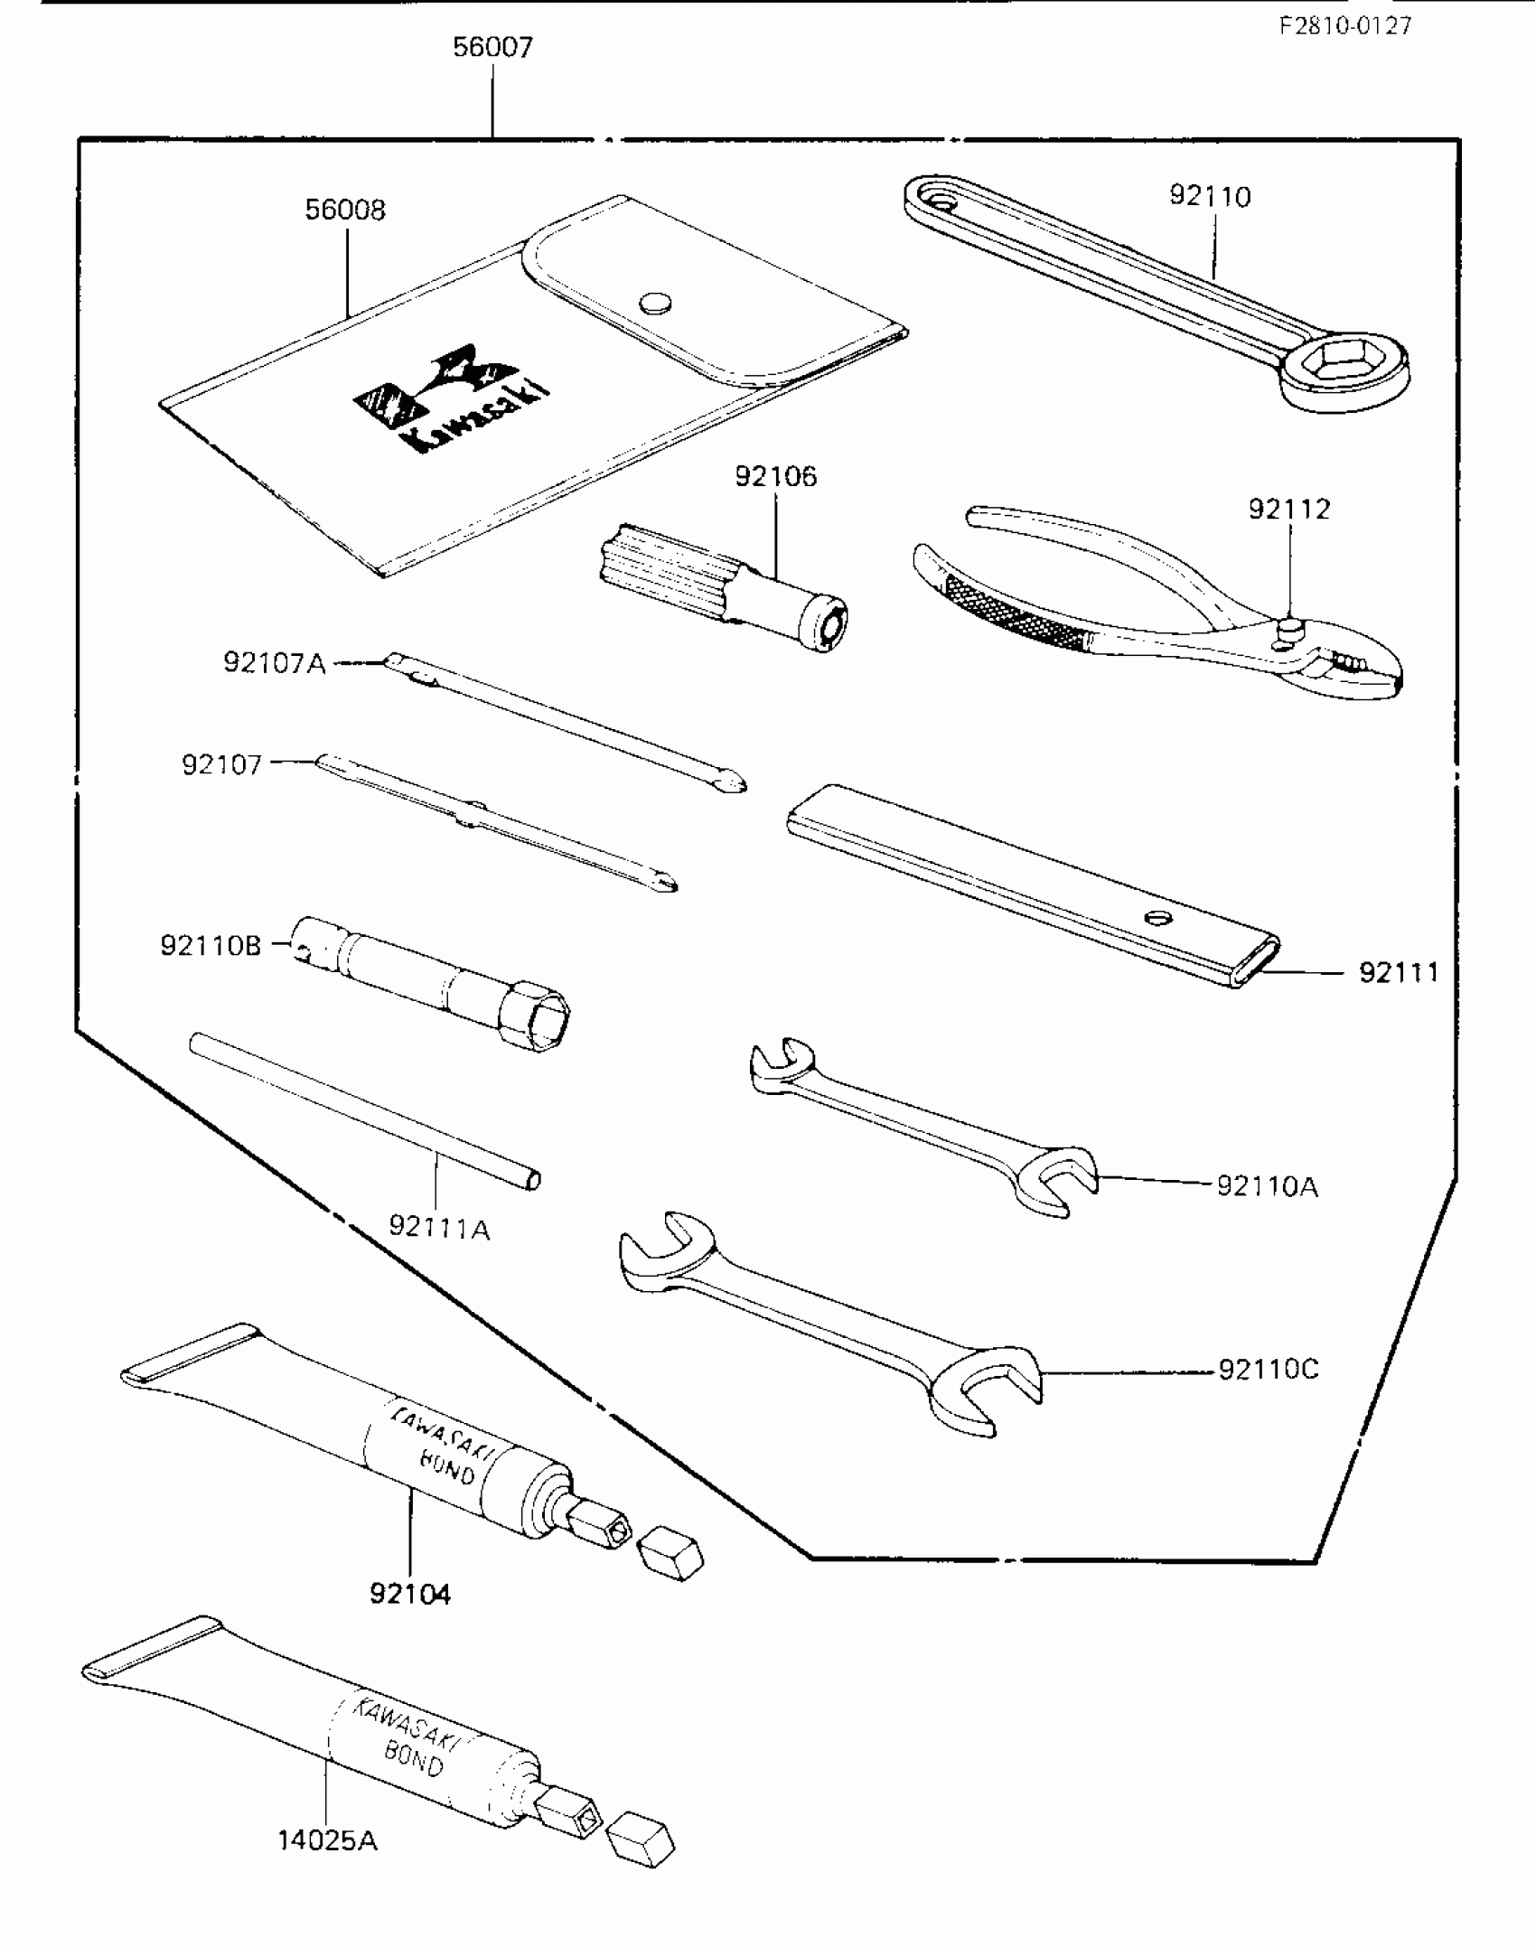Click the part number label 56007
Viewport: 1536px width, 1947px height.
click(x=492, y=47)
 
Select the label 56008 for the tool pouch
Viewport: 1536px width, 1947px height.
click(x=345, y=210)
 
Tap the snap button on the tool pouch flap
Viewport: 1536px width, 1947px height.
click(x=656, y=303)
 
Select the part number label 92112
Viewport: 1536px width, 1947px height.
click(x=1289, y=510)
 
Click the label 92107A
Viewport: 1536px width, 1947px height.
click(x=274, y=663)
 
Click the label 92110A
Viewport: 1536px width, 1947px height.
click(x=1267, y=1186)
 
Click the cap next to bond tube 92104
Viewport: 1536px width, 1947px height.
click(x=670, y=1555)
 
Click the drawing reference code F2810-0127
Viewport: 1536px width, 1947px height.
click(x=1344, y=26)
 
